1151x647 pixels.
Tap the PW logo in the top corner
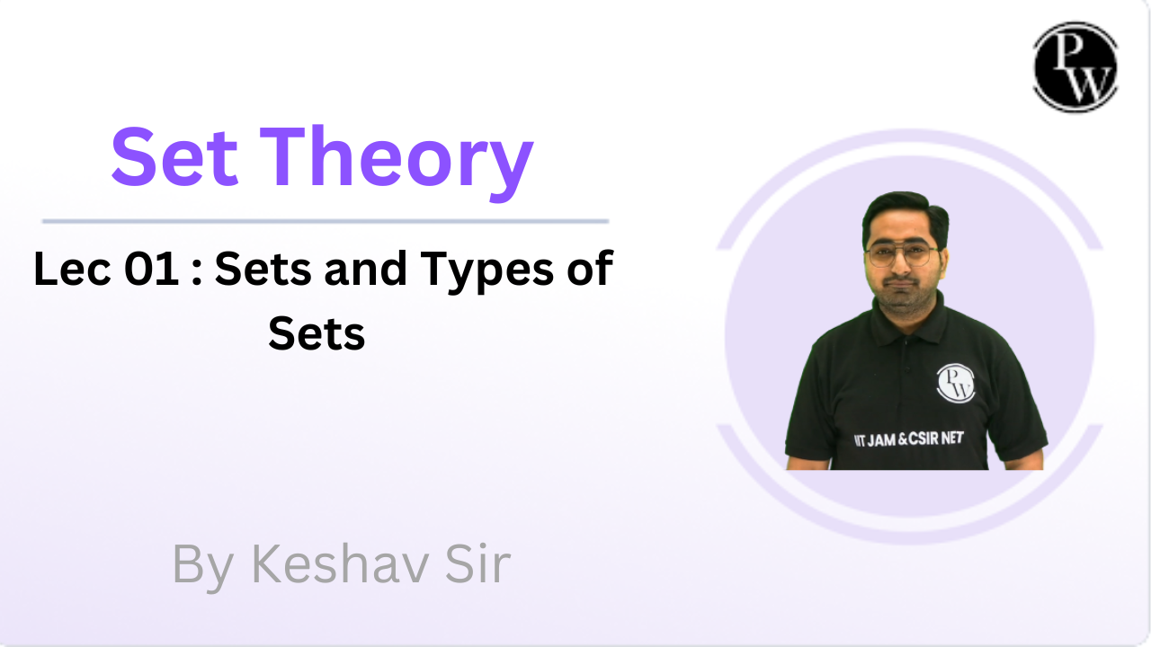1075,68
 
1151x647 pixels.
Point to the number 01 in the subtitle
152,270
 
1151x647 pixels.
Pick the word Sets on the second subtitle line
317,333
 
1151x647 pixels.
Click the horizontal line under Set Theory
325,220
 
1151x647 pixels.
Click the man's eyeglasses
900,254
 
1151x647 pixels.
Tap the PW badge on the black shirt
955,383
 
